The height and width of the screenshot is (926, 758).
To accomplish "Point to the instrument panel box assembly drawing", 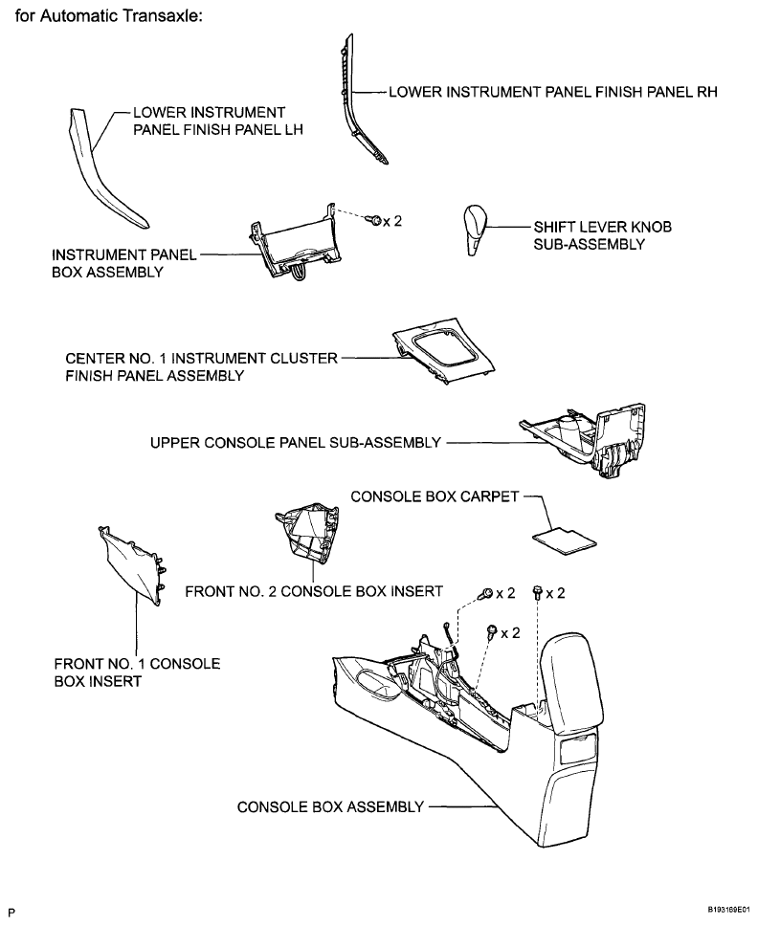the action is pos(296,242).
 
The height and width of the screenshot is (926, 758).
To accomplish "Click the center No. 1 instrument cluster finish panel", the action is pos(443,353).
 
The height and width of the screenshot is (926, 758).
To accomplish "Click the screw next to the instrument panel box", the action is pos(374,221).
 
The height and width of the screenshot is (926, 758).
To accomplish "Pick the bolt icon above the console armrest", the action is pos(538,592).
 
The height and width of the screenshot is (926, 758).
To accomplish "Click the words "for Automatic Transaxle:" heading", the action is pos(109,15).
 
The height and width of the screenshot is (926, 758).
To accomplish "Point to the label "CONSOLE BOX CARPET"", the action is pos(435,496).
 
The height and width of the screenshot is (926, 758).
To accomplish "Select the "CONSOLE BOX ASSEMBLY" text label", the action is pos(330,806).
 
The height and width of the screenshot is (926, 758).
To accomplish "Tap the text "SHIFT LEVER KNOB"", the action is pos(603,227).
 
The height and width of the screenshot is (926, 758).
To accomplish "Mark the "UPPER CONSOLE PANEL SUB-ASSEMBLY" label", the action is pos(296,442).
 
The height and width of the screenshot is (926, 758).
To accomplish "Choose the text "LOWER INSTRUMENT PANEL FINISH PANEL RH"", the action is pos(553,92).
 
